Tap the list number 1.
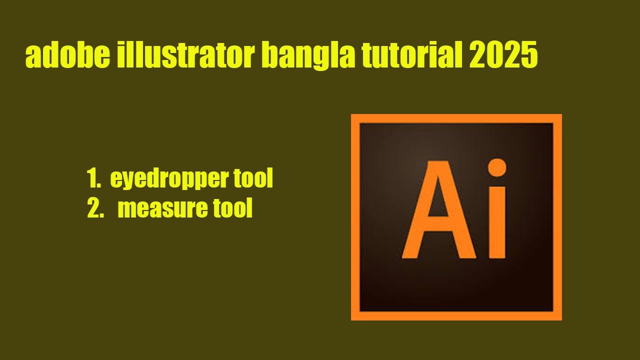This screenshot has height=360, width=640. point(92,179)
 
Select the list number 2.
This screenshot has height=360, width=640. point(94,209)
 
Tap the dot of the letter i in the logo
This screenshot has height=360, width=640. point(496,168)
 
